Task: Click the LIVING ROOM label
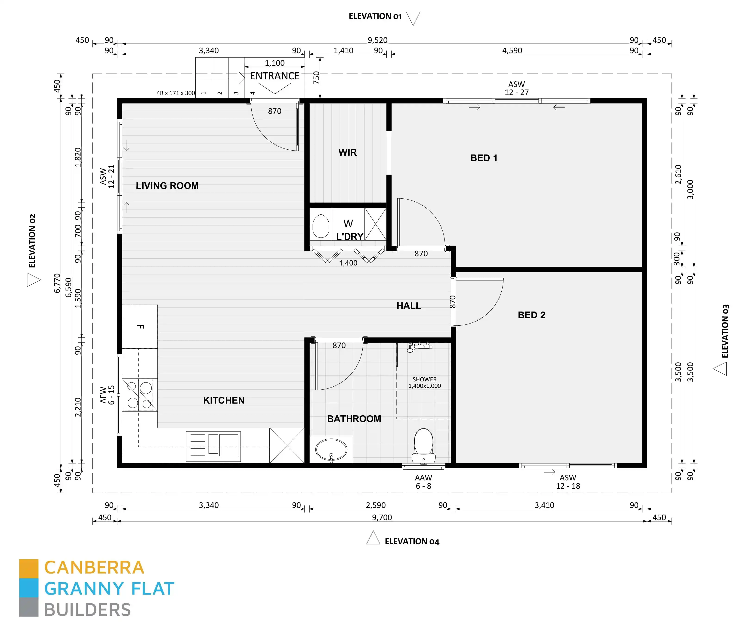(167, 186)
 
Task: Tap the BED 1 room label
(483, 158)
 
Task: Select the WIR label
(347, 152)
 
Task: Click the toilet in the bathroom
(423, 445)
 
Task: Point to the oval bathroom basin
(331, 449)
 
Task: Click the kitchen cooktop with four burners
(139, 395)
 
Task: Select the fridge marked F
(140, 327)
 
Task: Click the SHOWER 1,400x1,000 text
(424, 383)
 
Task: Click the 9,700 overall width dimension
(382, 517)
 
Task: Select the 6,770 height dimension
(57, 283)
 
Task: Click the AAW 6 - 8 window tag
(423, 482)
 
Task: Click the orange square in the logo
(29, 568)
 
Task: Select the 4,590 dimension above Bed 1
(512, 50)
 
